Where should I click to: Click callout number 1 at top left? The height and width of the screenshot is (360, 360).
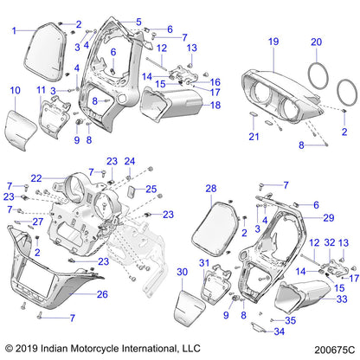14,30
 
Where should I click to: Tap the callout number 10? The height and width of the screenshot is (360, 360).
14,90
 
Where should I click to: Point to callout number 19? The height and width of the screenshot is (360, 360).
273,42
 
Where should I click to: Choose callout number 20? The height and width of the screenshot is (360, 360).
316,42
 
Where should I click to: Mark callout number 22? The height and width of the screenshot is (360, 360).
36,178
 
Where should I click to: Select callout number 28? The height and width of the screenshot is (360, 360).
210,188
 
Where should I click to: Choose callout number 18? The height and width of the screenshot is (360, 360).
216,105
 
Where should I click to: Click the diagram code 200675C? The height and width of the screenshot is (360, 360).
330,349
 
